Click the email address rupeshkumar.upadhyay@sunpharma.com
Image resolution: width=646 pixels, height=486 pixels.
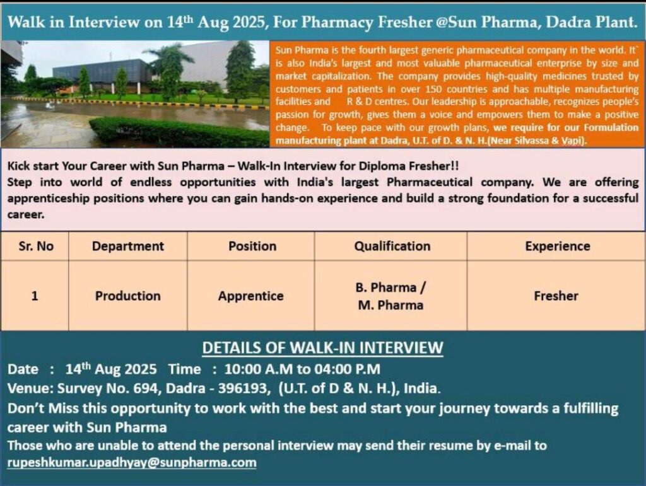tap(132, 463)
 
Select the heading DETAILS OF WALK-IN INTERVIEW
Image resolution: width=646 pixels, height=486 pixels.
tap(322, 348)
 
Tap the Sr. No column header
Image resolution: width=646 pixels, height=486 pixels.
tap(36, 246)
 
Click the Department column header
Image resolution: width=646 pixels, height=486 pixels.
tap(127, 246)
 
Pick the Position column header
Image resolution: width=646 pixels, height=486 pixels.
tap(252, 246)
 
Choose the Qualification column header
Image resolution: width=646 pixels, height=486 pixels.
tap(392, 246)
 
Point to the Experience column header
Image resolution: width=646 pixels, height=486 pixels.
tap(558, 246)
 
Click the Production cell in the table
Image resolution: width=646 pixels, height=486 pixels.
tap(127, 296)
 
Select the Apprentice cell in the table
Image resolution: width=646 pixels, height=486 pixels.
tap(251, 296)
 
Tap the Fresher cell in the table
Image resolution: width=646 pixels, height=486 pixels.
tap(556, 296)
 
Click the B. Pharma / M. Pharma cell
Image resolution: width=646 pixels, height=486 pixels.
tap(391, 296)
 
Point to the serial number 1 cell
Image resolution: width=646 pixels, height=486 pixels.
tap(35, 296)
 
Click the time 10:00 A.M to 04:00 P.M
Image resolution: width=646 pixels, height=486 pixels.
tap(302, 369)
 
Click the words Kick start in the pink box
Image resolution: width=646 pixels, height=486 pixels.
tap(33, 166)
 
